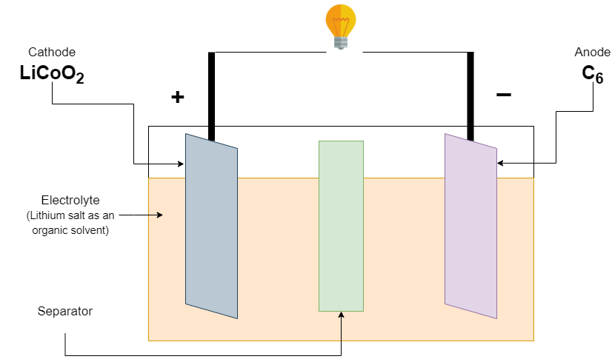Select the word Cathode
pyautogui.click(x=52, y=52)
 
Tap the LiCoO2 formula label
pyautogui.click(x=52, y=74)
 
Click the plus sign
pyautogui.click(x=177, y=97)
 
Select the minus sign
pyautogui.click(x=503, y=95)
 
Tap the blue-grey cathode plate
pyautogui.click(x=211, y=226)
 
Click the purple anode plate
pyautogui.click(x=470, y=226)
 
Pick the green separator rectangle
pyautogui.click(x=341, y=226)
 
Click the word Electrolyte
pyautogui.click(x=70, y=200)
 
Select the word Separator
pyautogui.click(x=65, y=311)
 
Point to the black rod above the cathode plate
pyautogui.click(x=211, y=96)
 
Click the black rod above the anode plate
pyautogui.click(x=470, y=96)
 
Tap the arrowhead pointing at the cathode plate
pyautogui.click(x=182, y=164)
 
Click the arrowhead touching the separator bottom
pyautogui.click(x=342, y=315)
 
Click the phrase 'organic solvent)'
pyautogui.click(x=70, y=229)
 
